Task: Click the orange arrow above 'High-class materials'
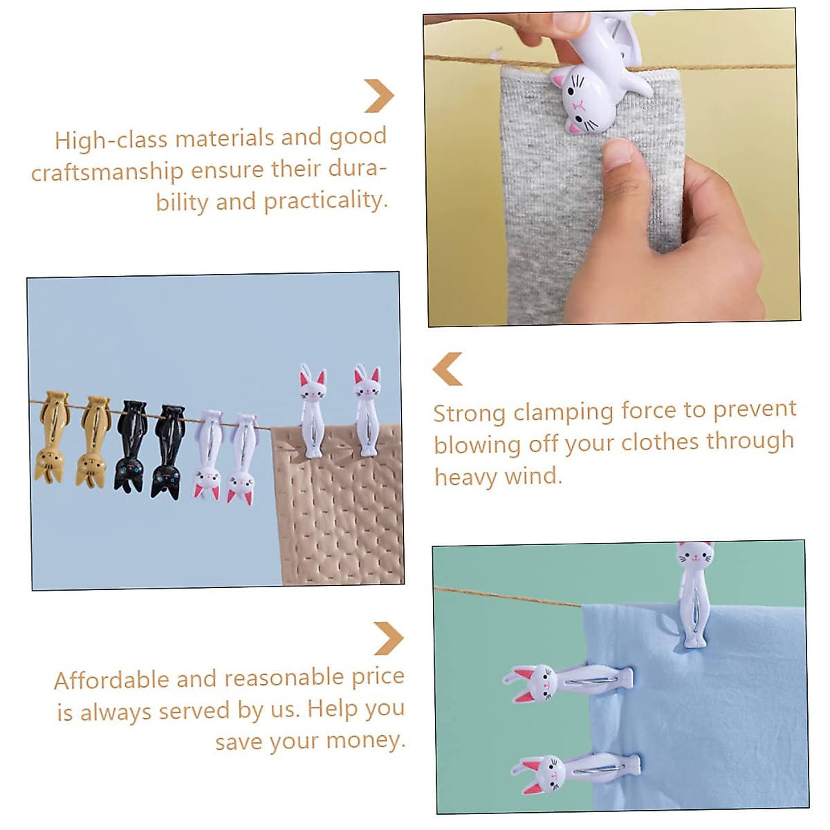coord(379,95)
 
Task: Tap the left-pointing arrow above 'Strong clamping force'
coord(448,369)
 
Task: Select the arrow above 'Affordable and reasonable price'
coord(388,638)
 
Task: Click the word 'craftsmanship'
coord(107,172)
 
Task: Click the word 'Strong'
coord(470,414)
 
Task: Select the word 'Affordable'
coord(111,680)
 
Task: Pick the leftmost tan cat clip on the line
coord(50,437)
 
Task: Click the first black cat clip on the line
coord(130,447)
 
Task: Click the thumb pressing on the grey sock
coord(626,173)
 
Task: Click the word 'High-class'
coord(111,140)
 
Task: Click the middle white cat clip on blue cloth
coord(567,681)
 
